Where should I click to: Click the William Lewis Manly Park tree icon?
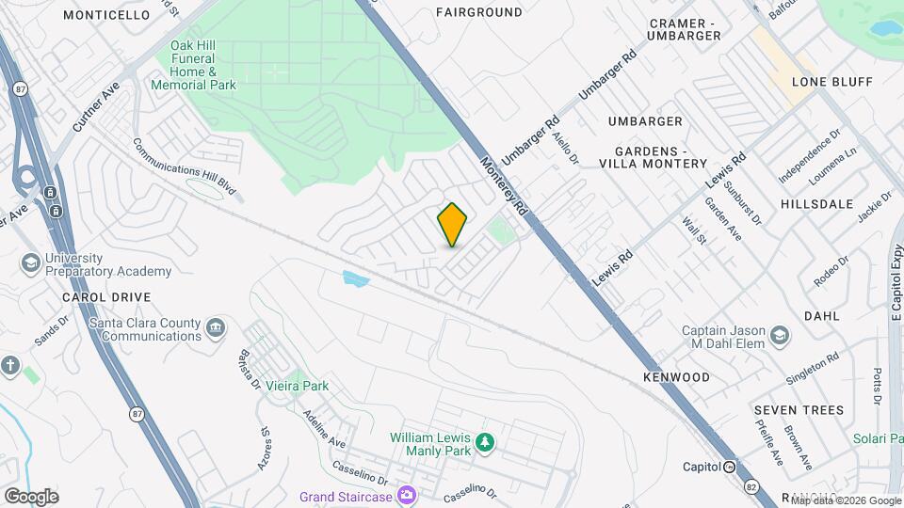[485, 441]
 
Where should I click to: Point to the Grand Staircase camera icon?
[406, 495]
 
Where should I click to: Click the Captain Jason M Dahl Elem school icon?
[780, 335]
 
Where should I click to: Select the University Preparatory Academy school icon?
[29, 262]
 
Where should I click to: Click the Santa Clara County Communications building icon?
[217, 328]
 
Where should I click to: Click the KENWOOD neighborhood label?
[676, 377]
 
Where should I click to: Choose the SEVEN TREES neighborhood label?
[799, 410]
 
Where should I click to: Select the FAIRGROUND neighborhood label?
[479, 12]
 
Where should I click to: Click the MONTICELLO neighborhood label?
[106, 15]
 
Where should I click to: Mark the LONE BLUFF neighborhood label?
[831, 82]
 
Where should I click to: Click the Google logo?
[31, 496]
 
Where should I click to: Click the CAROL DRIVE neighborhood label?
[106, 297]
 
